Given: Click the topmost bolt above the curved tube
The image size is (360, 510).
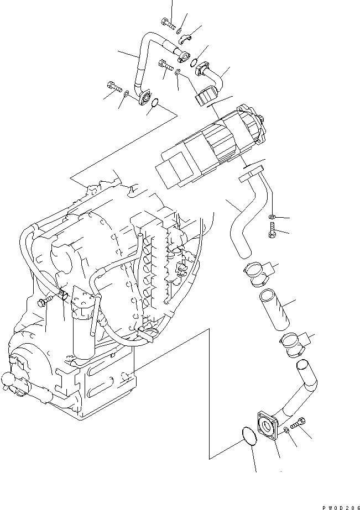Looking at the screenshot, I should point(168,23).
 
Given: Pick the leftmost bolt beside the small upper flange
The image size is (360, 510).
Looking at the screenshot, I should point(112,87).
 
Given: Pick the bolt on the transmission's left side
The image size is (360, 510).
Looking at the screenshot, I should point(45,302).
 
